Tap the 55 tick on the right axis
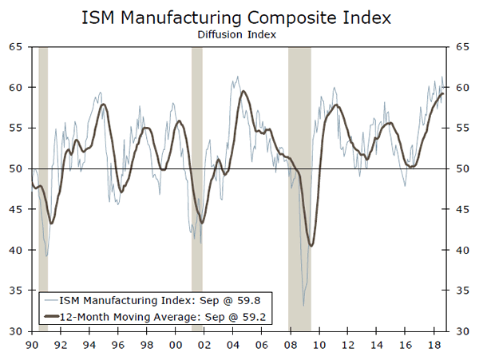click(462, 128)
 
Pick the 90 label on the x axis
click(32, 345)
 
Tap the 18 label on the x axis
click(433, 345)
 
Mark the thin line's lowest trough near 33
click(303, 306)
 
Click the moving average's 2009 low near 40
click(311, 245)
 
